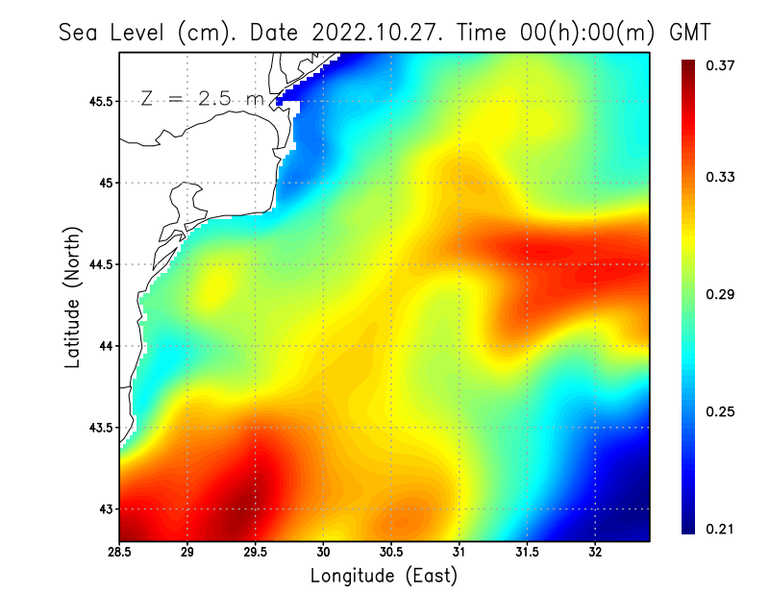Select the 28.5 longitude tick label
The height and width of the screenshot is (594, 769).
[x=119, y=553]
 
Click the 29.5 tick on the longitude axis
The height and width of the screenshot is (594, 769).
[x=256, y=553]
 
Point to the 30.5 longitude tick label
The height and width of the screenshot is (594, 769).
[x=391, y=553]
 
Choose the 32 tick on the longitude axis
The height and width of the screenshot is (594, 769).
[x=595, y=553]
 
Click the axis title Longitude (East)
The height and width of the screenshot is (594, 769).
[x=384, y=576]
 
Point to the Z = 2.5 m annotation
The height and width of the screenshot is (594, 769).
[x=203, y=98]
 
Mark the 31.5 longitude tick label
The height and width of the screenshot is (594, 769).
[x=527, y=553]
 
